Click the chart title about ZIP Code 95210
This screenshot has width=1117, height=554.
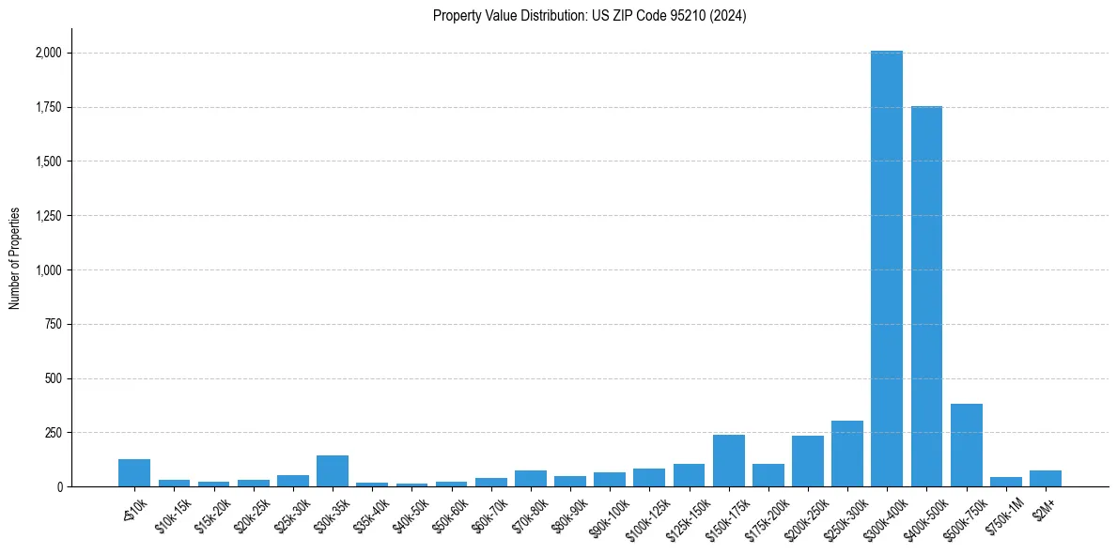[589, 16]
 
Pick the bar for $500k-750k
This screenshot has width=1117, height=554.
[966, 445]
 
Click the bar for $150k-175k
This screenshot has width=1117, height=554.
[728, 461]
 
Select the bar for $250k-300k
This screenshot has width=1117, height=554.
[846, 454]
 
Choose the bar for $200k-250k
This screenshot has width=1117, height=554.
[807, 461]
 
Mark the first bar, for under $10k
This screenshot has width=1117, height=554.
[134, 473]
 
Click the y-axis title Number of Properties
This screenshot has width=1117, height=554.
[15, 258]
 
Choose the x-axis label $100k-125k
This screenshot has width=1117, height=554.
[646, 513]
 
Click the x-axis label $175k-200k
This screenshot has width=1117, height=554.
[766, 513]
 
